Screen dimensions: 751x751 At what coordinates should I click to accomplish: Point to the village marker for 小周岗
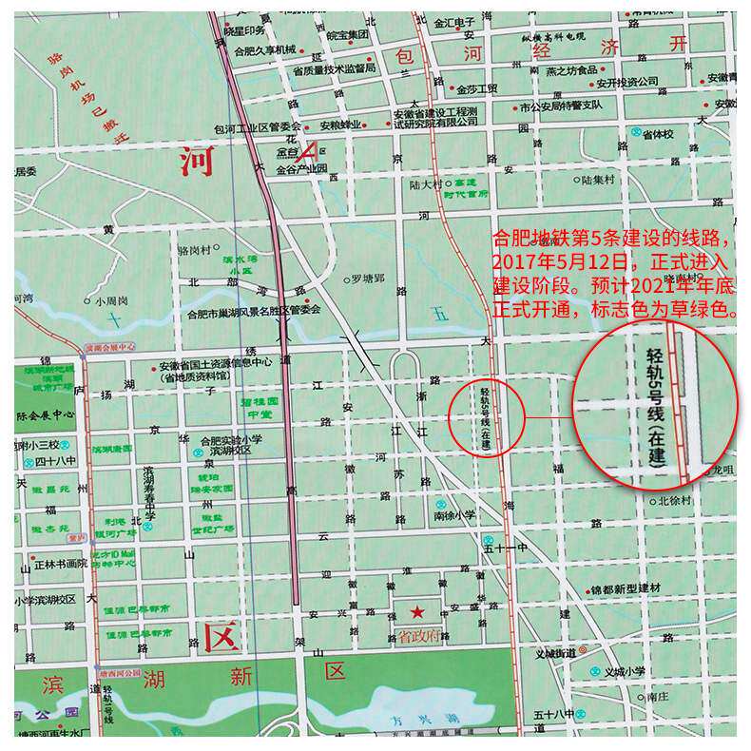tap(87, 300)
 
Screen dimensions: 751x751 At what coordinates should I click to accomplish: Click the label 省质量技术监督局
tap(334, 69)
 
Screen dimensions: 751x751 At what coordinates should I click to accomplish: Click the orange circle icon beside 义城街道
tap(583, 652)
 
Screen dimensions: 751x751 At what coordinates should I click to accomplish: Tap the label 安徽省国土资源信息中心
tap(215, 362)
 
